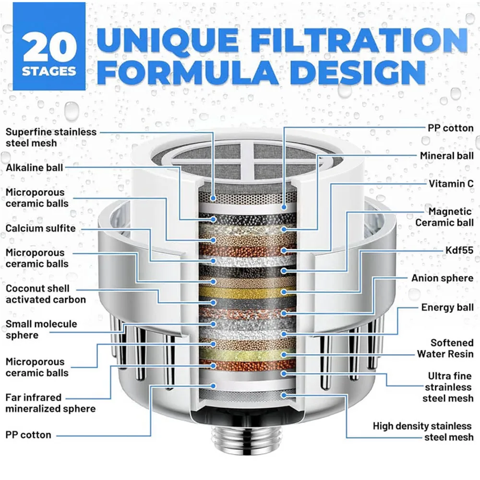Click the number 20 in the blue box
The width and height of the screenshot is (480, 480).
pos(49,47)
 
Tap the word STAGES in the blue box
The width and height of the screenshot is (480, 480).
pos(49,72)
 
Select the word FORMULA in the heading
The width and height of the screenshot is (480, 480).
pos(187,72)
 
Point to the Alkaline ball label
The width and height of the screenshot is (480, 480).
pos(34,168)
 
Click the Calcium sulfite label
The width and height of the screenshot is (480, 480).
pos(40,228)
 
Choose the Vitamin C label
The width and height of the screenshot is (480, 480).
pos(451,184)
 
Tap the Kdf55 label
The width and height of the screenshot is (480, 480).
pos(459,250)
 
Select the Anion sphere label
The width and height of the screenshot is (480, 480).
pos(443,278)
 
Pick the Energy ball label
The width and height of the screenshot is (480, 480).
pos(447,307)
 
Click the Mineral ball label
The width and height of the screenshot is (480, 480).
pos(446,156)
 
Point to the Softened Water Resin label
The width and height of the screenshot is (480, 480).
pos(445,348)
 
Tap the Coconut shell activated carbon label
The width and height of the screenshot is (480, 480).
pos(46,294)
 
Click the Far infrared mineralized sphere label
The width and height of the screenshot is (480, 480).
pos(50,403)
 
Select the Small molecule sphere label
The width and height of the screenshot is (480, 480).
pos(41,329)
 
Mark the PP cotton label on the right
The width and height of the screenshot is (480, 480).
pos(451,128)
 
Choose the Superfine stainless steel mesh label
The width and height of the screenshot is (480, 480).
pos(51,137)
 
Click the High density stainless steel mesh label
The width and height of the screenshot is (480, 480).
pos(423,432)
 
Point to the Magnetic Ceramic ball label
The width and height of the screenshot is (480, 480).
pos(444,217)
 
